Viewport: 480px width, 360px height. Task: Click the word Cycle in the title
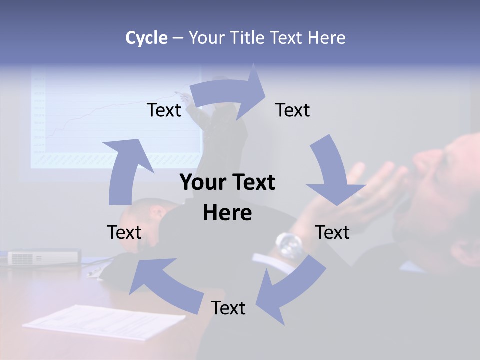pyautogui.click(x=146, y=38)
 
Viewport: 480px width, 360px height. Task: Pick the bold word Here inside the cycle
pyautogui.click(x=227, y=213)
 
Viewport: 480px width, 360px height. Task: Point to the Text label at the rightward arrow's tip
pyautogui.click(x=293, y=110)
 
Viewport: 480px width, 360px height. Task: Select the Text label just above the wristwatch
pyautogui.click(x=332, y=232)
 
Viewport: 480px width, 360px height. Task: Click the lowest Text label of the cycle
pyautogui.click(x=228, y=308)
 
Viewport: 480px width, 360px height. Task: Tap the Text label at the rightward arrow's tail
pyautogui.click(x=164, y=110)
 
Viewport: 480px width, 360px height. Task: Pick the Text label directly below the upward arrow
pyautogui.click(x=124, y=232)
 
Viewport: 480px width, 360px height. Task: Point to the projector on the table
pyautogui.click(x=44, y=257)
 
